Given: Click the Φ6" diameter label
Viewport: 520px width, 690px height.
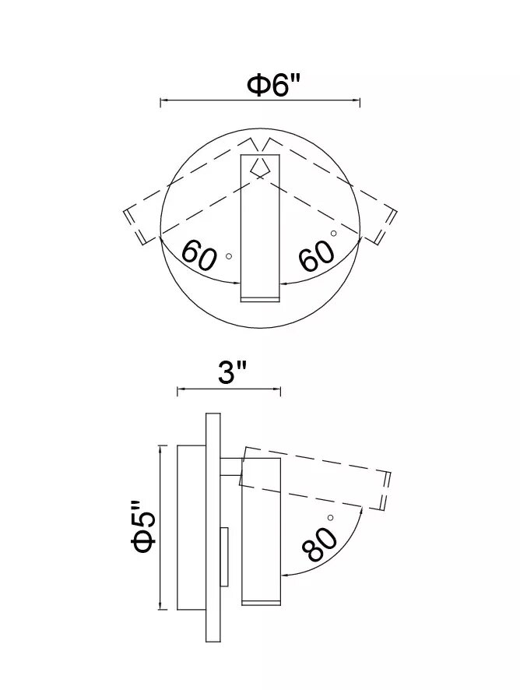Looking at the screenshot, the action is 273,85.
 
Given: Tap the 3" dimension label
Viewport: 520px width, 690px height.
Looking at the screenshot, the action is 231,374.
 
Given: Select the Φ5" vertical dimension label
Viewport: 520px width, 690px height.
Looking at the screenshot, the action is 144,527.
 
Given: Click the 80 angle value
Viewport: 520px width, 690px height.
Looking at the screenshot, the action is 319,545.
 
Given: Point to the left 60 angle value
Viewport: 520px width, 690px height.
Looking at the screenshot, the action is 199,255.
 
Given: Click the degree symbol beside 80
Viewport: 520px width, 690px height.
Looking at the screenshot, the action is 330,517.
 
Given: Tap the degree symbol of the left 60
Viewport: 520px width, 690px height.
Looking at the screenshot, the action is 229,256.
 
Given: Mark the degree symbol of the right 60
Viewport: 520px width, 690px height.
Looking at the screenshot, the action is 333,233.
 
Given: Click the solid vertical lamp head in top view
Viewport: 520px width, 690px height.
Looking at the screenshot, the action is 261,228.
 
